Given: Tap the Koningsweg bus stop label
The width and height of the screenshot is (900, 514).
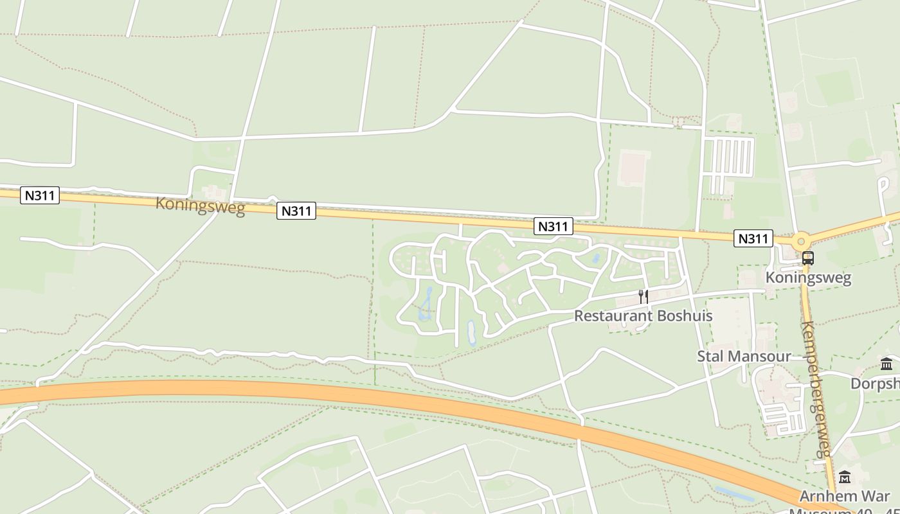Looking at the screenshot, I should [x=808, y=278].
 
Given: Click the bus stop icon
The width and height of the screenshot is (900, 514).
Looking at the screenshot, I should [x=808, y=258].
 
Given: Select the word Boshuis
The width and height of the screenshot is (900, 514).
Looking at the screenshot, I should [x=682, y=315].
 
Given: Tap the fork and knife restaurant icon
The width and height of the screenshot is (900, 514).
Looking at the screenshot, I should [x=643, y=296].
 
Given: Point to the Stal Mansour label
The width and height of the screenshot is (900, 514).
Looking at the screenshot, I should [x=744, y=356].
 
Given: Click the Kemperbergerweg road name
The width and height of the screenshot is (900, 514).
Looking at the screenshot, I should [x=817, y=389].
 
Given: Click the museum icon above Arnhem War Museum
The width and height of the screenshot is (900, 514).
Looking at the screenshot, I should [x=845, y=477].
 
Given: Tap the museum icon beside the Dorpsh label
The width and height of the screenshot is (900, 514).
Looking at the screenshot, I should [x=887, y=364].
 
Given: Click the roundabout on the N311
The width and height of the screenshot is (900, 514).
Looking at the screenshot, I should [x=801, y=242].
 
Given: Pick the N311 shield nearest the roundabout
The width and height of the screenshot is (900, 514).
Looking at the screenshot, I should [x=753, y=238].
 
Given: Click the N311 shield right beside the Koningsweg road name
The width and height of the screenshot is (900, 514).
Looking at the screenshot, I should [x=296, y=211].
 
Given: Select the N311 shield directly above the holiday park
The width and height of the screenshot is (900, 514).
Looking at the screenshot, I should [x=553, y=226].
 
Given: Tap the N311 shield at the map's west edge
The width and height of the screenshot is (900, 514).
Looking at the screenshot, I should [x=40, y=195].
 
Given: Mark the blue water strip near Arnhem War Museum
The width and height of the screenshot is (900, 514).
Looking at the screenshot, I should [x=735, y=493].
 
